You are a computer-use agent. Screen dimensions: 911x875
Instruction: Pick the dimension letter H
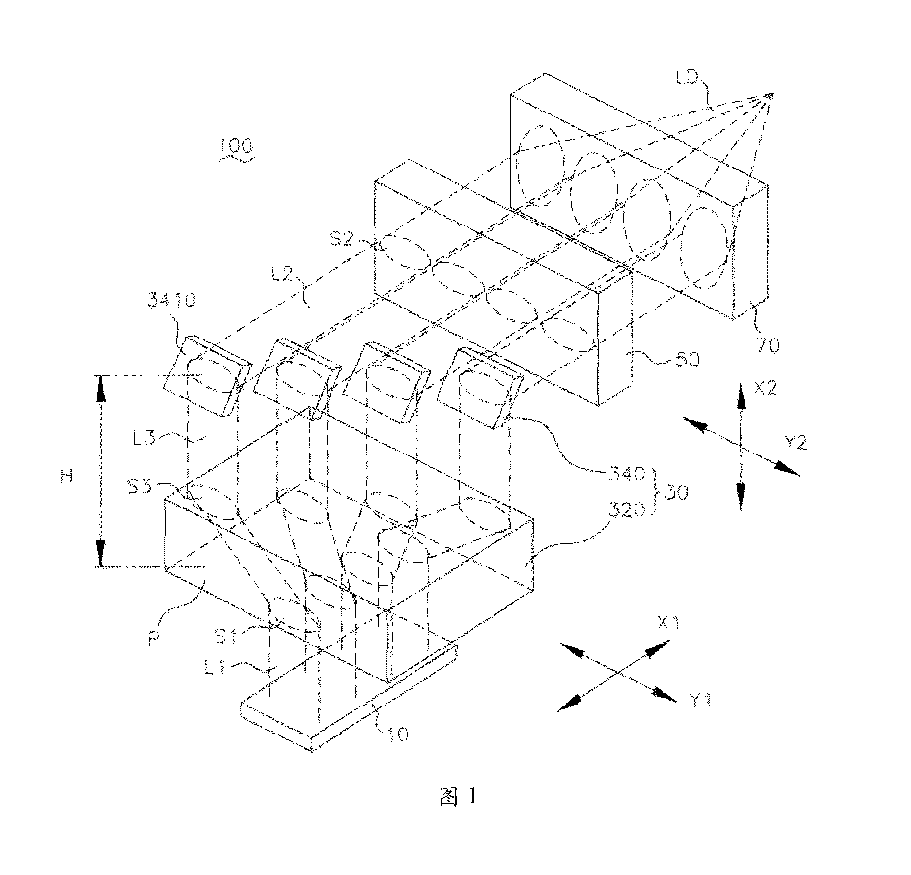click(x=67, y=475)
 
